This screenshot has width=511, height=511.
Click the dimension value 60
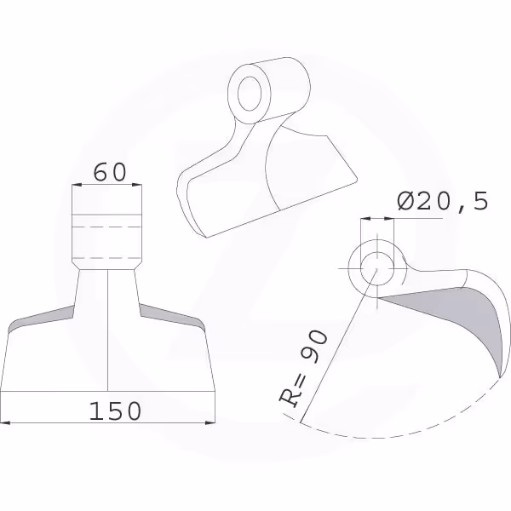110,172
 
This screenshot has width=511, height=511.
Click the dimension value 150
115,411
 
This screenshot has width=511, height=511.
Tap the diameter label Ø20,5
443,201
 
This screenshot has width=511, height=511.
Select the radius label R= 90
302,369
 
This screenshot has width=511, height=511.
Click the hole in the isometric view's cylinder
250,94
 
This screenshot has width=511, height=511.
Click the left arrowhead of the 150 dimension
6,422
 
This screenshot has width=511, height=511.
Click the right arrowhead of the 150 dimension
210,422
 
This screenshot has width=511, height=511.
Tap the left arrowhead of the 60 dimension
77,185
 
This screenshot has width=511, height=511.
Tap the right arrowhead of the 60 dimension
137,185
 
